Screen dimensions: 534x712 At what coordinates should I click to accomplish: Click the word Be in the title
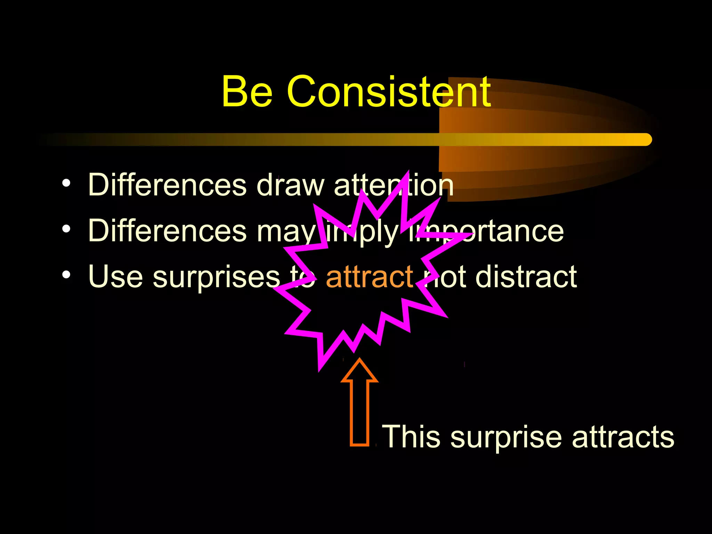click(x=247, y=92)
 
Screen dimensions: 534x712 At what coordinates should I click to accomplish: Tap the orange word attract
click(x=369, y=277)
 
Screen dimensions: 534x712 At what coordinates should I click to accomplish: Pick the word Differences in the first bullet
click(x=167, y=185)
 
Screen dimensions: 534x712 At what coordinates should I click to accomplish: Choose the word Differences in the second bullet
click(x=167, y=231)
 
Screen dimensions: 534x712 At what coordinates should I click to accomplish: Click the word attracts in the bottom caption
click(x=623, y=437)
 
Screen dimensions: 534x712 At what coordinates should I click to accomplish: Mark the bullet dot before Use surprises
click(x=66, y=275)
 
